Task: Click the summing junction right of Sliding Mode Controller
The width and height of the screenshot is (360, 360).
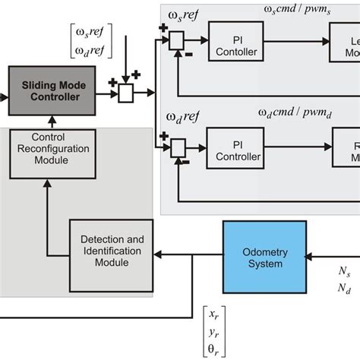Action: pos(125,93)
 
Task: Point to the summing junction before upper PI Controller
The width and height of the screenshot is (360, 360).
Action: pos(177,39)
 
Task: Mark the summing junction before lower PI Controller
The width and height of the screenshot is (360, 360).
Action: pos(177,145)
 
